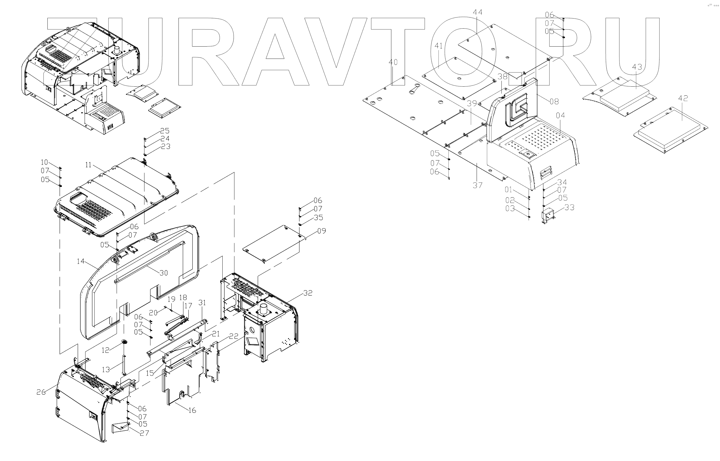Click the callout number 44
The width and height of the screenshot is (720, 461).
click(x=477, y=12)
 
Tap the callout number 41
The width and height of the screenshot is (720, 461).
click(x=438, y=46)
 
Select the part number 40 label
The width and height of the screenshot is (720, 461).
click(x=393, y=62)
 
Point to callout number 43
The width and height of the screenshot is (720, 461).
click(x=637, y=67)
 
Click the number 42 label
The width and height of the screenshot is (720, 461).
click(x=683, y=98)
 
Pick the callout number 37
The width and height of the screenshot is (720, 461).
click(x=477, y=186)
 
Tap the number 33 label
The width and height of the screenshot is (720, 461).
click(x=569, y=207)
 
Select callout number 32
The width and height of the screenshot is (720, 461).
click(x=308, y=293)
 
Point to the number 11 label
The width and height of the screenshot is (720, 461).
click(x=88, y=165)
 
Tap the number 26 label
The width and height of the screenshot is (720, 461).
click(x=41, y=392)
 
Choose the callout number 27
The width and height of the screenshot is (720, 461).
click(x=144, y=433)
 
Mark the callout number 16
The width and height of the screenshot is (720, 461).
click(x=192, y=410)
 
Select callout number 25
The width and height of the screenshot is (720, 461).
click(x=165, y=131)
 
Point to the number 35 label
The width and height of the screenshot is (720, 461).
click(x=319, y=218)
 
